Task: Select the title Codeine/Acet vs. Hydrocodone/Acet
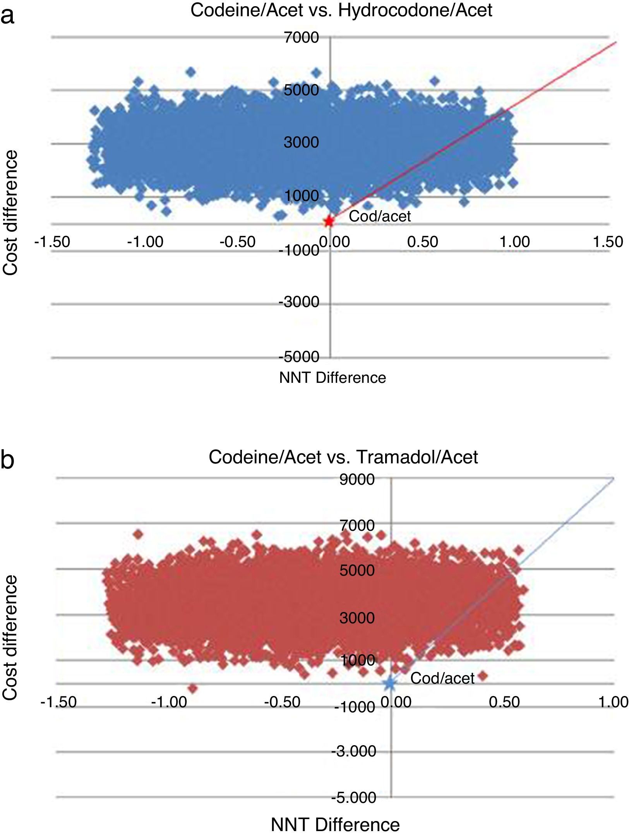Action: pos(341,10)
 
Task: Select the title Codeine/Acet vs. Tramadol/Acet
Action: pos(343,457)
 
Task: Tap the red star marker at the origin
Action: pos(329,222)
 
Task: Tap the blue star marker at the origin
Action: pos(390,684)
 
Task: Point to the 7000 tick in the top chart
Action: pos(301,38)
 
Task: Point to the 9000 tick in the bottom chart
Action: pos(357,479)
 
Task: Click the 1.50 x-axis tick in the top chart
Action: pos(607,242)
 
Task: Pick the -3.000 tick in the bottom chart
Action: pos(354,751)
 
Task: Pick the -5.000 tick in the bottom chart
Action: pos(354,797)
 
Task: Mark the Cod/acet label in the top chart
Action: pos(379,216)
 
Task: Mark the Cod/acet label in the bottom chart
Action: pos(442,678)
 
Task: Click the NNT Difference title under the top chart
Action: pos(332,378)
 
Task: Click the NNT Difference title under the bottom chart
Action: pos(335,825)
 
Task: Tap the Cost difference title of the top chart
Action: pos(10,213)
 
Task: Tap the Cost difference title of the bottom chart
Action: pos(10,638)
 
